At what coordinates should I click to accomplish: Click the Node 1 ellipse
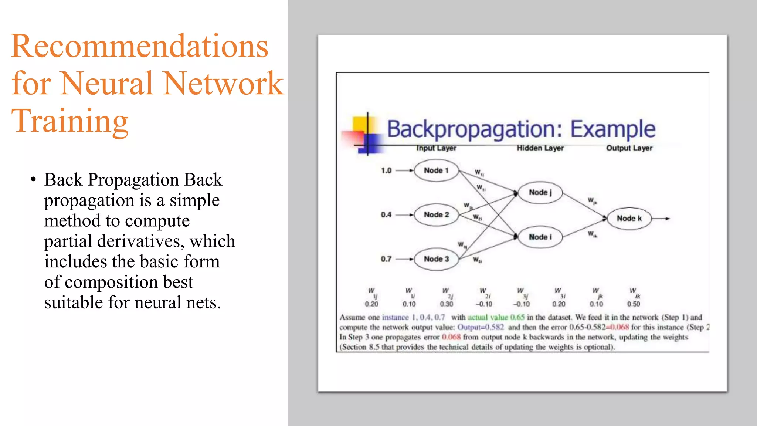click(x=436, y=170)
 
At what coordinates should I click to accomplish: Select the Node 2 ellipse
click(x=436, y=215)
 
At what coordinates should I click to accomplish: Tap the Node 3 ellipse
click(x=436, y=259)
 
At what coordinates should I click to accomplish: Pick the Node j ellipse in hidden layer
click(x=540, y=192)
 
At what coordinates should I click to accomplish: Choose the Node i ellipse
click(x=540, y=237)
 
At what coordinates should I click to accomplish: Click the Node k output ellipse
click(x=629, y=219)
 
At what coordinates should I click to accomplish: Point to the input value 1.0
click(x=386, y=170)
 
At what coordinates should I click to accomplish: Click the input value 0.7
click(x=386, y=259)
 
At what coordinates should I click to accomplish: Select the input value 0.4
click(x=386, y=215)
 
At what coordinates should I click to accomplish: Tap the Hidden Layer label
click(x=540, y=148)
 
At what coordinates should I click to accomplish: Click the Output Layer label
click(x=629, y=148)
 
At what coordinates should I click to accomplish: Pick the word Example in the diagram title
click(x=612, y=129)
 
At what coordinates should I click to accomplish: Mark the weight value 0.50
click(x=634, y=304)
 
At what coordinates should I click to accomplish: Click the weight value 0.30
click(x=447, y=304)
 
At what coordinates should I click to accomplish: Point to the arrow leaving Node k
click(x=661, y=219)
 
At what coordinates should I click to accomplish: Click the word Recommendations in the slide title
click(x=139, y=46)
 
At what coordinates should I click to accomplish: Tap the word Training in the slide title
click(x=70, y=121)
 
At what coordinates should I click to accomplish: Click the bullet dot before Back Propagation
click(x=33, y=180)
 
